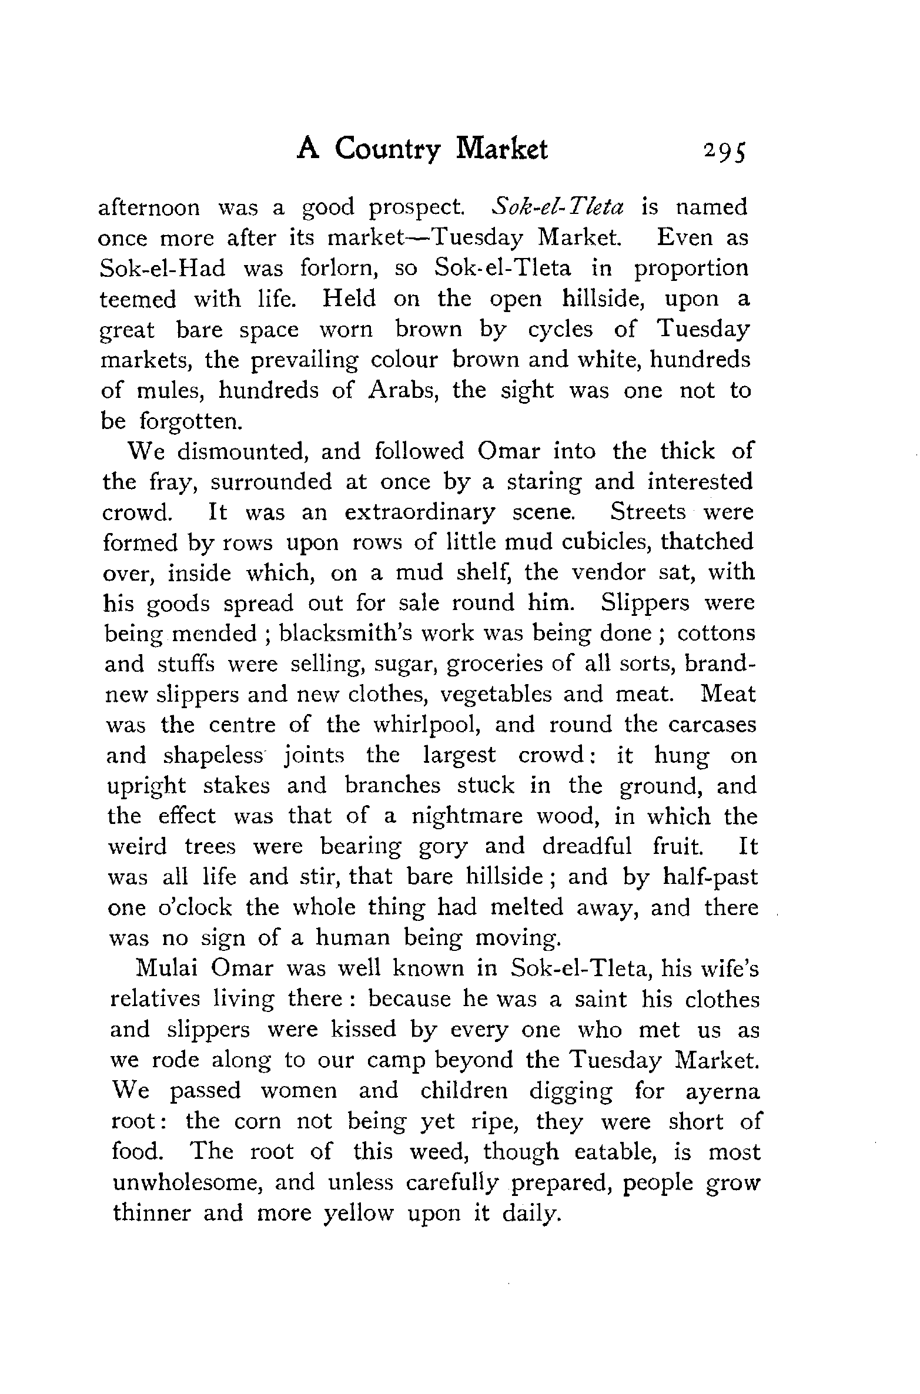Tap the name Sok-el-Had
click(163, 269)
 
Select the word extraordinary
click(420, 512)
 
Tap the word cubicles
click(603, 542)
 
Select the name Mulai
click(166, 969)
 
